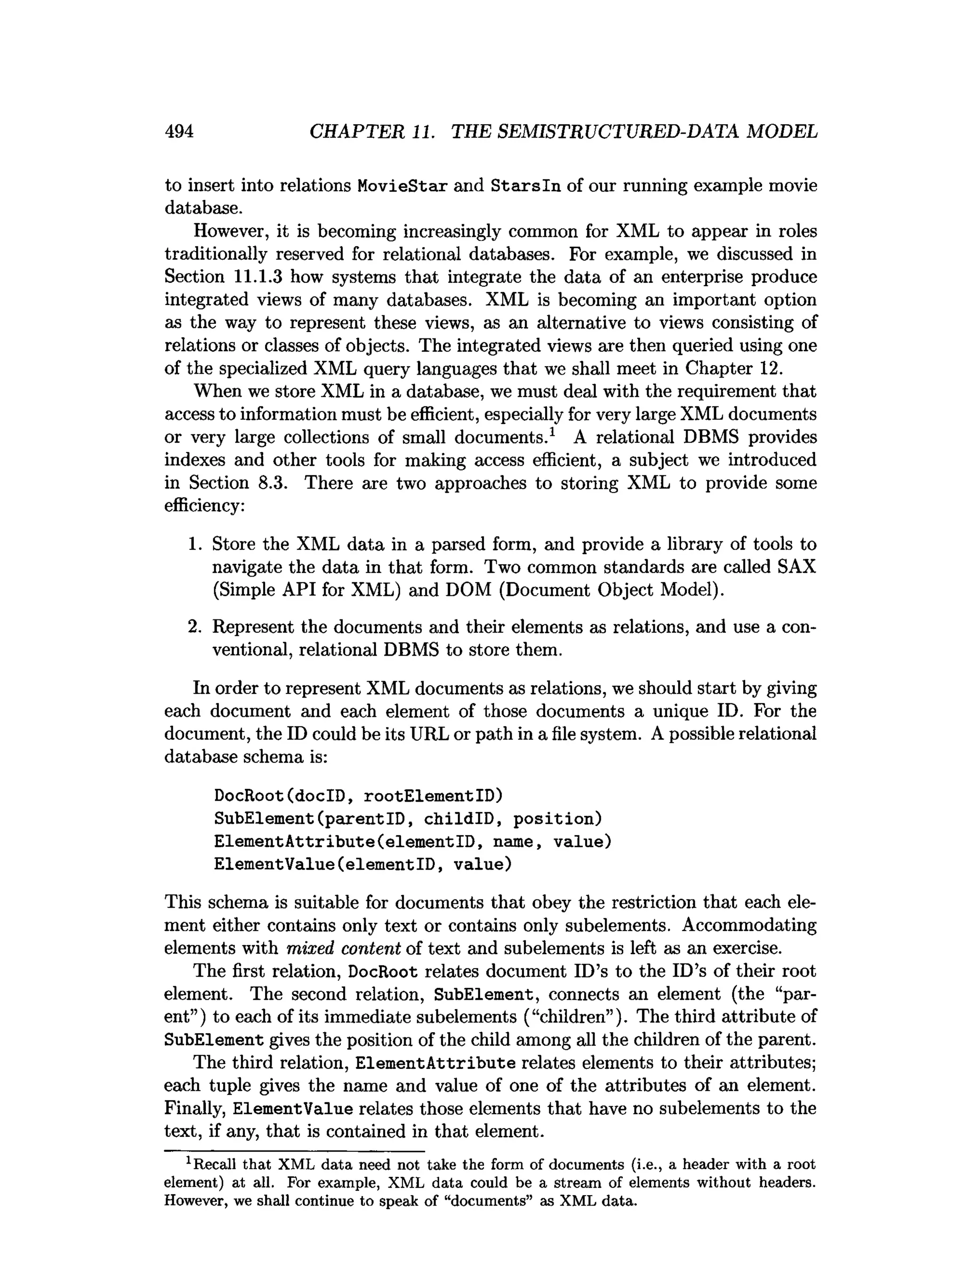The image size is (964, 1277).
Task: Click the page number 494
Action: click(179, 132)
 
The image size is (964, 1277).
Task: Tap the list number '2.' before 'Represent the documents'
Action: click(194, 627)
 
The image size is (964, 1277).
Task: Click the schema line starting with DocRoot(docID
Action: click(358, 796)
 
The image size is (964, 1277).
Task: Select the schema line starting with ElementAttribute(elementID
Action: click(412, 842)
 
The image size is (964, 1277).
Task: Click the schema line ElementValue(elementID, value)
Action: click(362, 865)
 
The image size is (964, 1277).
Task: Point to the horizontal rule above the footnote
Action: click(294, 1151)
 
